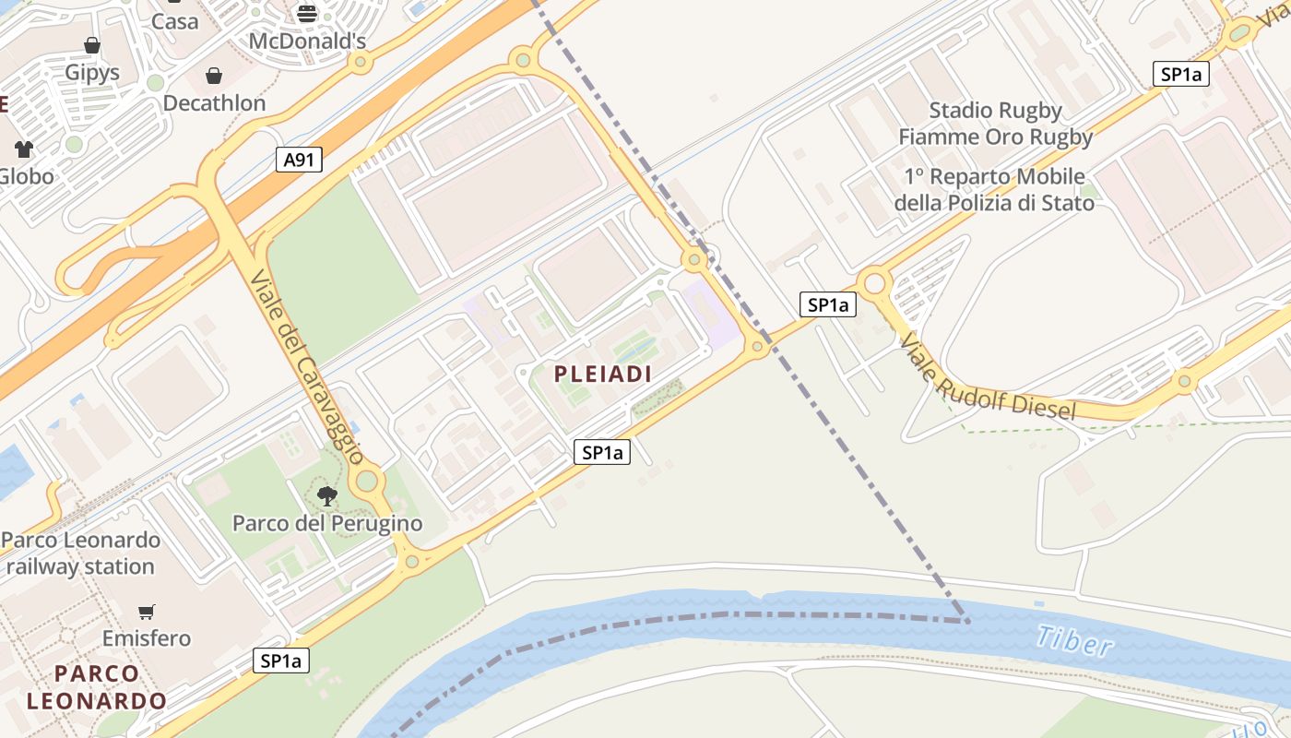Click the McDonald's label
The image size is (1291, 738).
(x=307, y=42)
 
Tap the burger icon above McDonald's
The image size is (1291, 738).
(x=307, y=14)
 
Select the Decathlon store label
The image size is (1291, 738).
(x=214, y=103)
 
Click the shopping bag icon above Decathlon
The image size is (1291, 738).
(x=214, y=76)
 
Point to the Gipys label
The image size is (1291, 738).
(x=92, y=72)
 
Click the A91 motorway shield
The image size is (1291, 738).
(x=299, y=160)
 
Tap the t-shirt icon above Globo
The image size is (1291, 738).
(x=24, y=149)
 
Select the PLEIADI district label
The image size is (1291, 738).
(x=603, y=374)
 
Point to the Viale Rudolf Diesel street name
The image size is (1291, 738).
(x=988, y=377)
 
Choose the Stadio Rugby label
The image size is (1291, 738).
(x=995, y=111)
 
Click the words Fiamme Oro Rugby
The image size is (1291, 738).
(x=995, y=137)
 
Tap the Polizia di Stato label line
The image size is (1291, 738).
(x=995, y=202)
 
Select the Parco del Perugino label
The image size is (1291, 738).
(x=326, y=524)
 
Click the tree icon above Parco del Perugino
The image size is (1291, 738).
(x=326, y=496)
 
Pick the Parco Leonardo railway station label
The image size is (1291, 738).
(x=81, y=553)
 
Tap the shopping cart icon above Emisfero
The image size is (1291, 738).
(x=147, y=612)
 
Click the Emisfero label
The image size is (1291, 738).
(x=147, y=638)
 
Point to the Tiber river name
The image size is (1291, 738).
(x=1073, y=640)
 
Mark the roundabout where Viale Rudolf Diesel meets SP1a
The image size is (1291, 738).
(x=873, y=282)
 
